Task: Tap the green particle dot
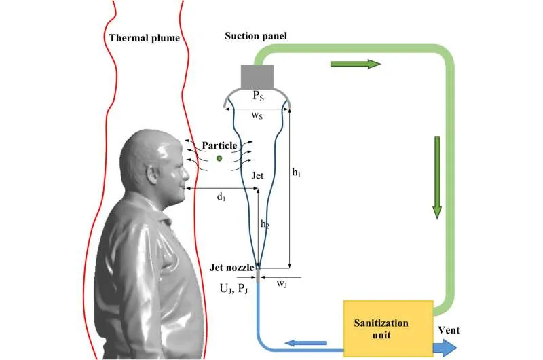[219, 158]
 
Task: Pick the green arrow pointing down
[437, 177]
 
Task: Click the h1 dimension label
[297, 173]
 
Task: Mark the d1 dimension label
[221, 197]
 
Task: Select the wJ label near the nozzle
[282, 285]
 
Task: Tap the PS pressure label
[258, 97]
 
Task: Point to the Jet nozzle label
[233, 267]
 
